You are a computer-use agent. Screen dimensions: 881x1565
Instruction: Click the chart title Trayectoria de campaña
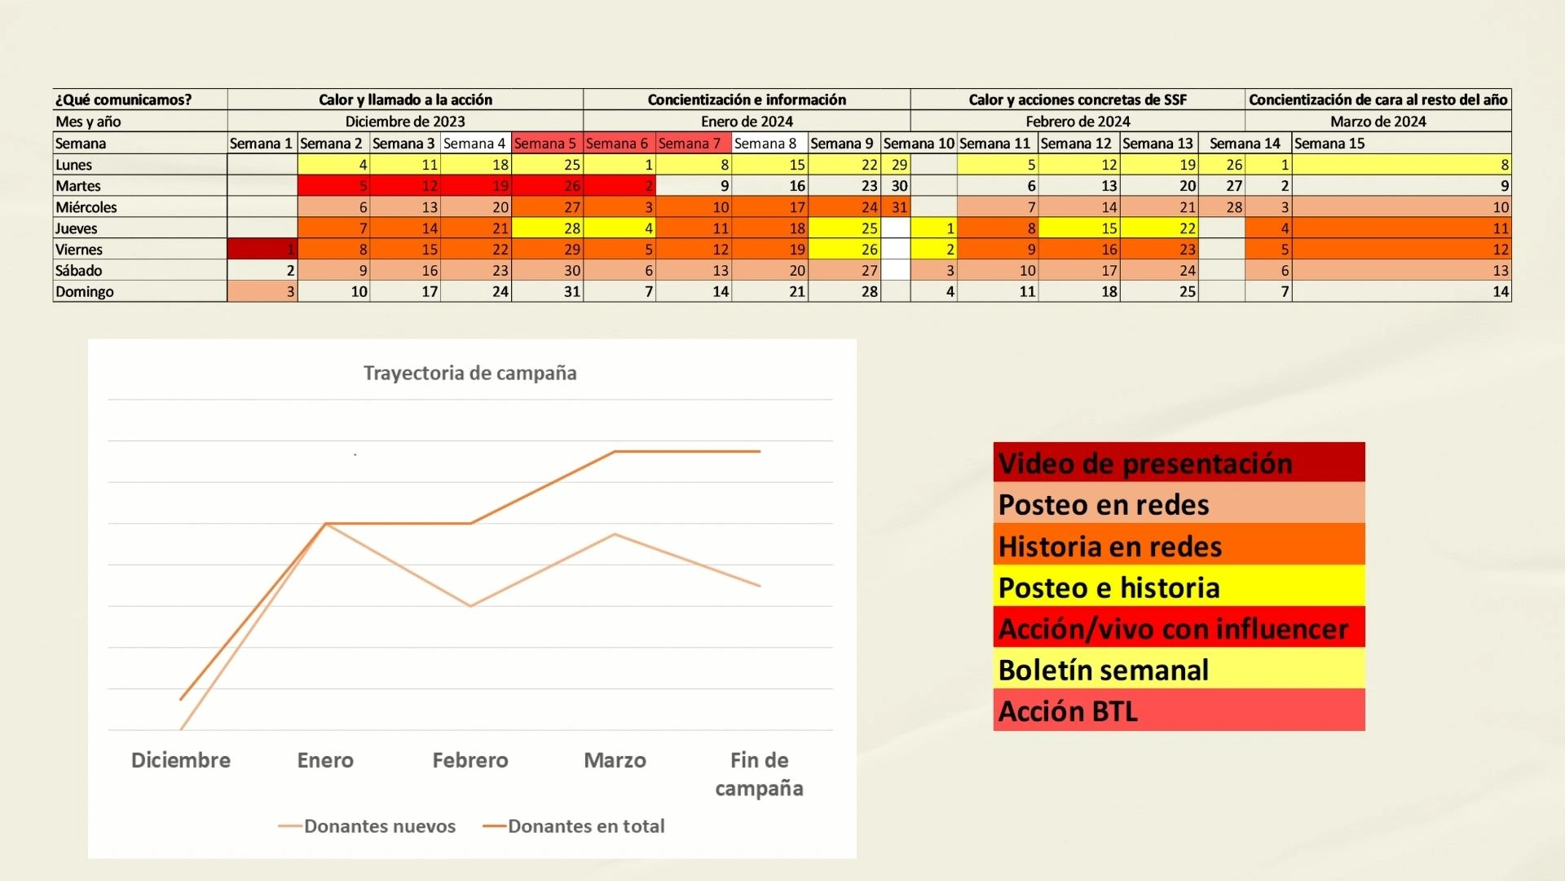[469, 374]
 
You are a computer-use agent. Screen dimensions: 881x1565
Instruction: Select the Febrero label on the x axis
[469, 760]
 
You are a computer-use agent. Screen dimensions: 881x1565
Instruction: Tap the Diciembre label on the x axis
[180, 760]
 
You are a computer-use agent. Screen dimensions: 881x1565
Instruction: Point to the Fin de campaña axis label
[759, 774]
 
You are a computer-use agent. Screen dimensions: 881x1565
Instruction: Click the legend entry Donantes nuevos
[379, 826]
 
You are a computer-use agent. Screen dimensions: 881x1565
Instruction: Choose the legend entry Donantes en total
[585, 826]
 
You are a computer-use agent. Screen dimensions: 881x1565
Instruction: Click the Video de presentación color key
[1178, 463]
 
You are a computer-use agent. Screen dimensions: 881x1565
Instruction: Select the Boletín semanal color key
[1178, 670]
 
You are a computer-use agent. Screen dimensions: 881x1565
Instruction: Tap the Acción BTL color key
[1178, 711]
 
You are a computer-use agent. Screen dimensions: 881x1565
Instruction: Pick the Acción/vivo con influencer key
[1178, 628]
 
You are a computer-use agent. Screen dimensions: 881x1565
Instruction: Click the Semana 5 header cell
[545, 144]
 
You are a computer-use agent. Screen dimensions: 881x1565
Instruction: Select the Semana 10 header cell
[919, 144]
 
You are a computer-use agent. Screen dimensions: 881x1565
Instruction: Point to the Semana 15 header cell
[1329, 144]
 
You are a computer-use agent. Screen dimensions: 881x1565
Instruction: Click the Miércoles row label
[86, 207]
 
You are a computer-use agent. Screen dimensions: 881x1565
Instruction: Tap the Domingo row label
[85, 292]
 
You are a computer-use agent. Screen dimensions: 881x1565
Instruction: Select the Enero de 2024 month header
[747, 122]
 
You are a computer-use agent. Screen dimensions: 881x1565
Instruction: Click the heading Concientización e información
[747, 100]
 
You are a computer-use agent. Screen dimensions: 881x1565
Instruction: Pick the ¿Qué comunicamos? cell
[123, 100]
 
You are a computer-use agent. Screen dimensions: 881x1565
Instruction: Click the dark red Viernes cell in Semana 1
[262, 250]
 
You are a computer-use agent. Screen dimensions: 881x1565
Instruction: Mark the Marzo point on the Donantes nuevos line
[615, 534]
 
